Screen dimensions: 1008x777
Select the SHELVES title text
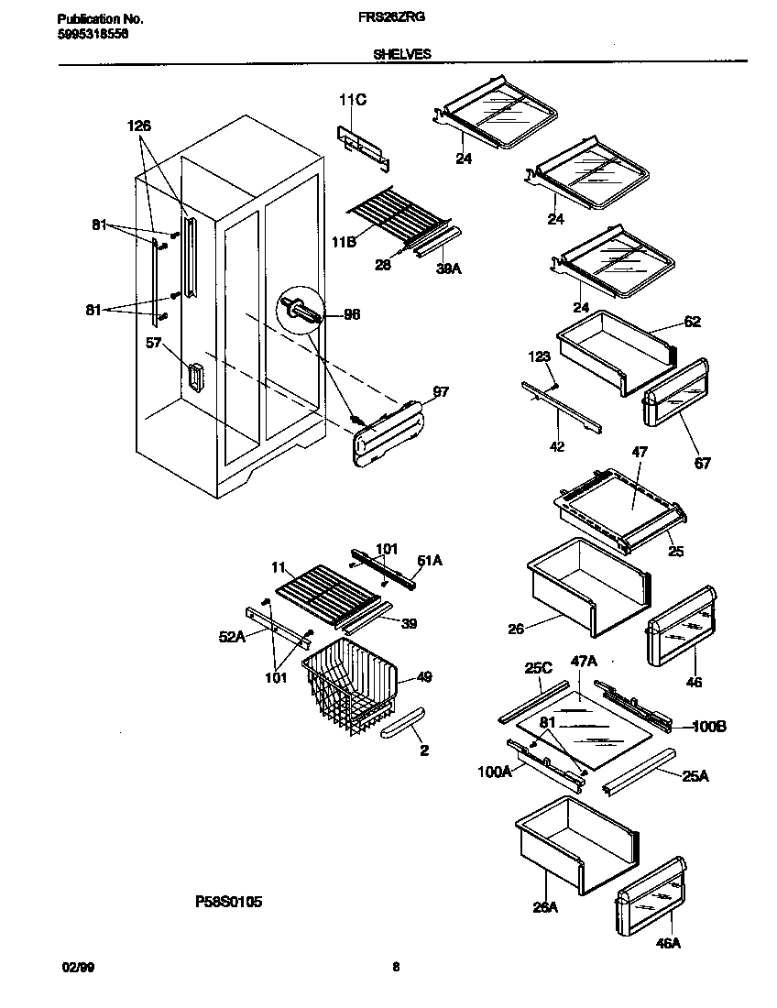click(401, 55)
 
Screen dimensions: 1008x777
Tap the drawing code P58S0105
click(229, 902)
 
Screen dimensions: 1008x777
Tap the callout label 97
click(441, 392)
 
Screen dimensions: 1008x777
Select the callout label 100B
click(709, 726)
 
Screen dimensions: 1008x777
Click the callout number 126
click(139, 126)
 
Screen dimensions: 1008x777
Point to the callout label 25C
click(538, 667)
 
